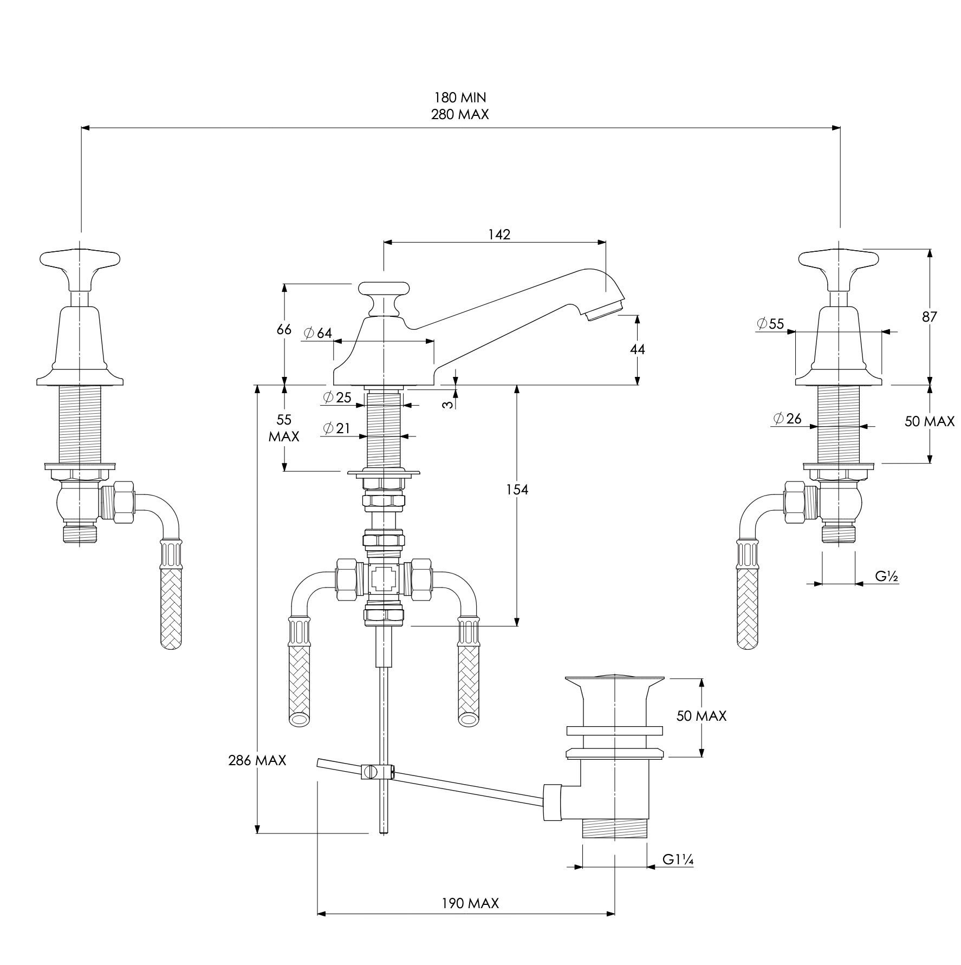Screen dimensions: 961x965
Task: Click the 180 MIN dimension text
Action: click(460, 97)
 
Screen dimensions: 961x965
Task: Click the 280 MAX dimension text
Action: click(460, 114)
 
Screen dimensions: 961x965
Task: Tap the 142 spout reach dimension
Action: click(499, 234)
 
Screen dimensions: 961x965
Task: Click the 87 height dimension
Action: click(930, 317)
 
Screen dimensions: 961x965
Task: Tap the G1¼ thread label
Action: click(678, 859)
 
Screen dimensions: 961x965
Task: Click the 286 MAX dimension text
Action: click(257, 760)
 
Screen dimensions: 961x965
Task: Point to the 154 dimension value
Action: click(517, 490)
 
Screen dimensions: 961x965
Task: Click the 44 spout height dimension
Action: click(638, 350)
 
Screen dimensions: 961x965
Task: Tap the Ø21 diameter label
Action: click(336, 428)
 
